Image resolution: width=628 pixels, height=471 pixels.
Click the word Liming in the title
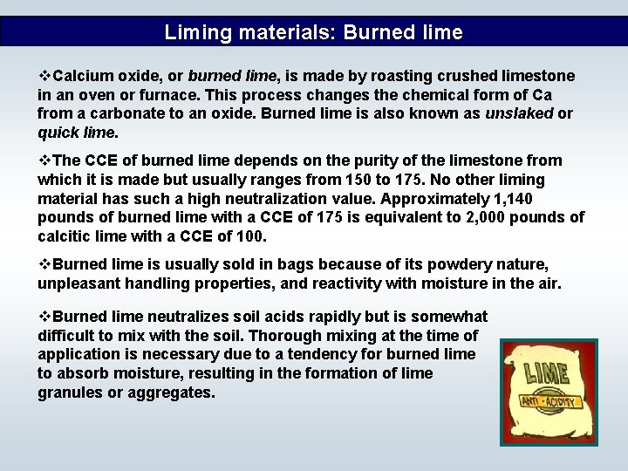click(x=193, y=33)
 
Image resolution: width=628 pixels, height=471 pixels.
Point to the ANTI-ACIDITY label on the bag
click(x=551, y=402)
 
